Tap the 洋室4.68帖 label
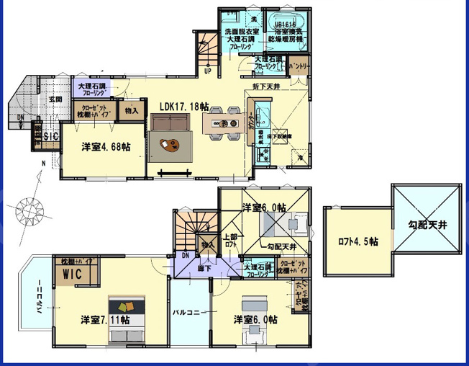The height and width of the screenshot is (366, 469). click(x=106, y=146)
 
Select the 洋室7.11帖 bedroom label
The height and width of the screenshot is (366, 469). click(x=105, y=319)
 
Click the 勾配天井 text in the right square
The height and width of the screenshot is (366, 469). click(x=427, y=226)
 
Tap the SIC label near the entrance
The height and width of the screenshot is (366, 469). click(x=50, y=135)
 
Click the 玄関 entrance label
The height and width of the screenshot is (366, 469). click(x=56, y=99)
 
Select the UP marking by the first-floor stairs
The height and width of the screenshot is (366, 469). click(x=207, y=71)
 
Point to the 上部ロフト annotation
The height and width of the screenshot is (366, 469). click(x=230, y=240)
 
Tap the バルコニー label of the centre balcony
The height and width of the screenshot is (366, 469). click(x=189, y=313)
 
